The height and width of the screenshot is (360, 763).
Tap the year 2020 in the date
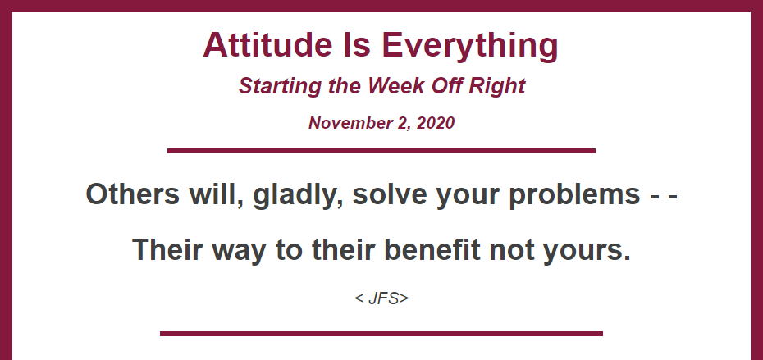click(436, 123)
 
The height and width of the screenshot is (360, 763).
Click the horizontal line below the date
click(381, 151)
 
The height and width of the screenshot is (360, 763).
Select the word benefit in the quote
click(432, 250)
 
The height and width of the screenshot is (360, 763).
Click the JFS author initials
click(382, 298)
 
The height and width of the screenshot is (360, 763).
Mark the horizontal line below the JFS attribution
click(381, 334)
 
